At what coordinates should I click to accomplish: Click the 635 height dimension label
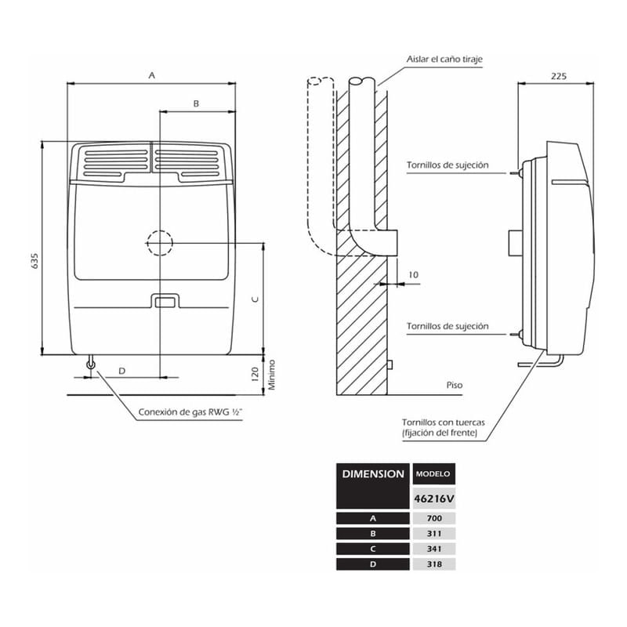coord(34,262)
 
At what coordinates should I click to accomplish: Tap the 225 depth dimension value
coord(558,77)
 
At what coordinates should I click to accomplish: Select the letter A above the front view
coord(152,75)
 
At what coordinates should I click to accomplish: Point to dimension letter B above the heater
coord(196,103)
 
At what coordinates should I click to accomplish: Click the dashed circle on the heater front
coord(159,244)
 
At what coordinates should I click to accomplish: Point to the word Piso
coord(455,386)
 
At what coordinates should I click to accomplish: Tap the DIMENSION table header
coord(373,474)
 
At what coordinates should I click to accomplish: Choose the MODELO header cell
coord(433,475)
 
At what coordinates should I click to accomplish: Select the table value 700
coord(433,518)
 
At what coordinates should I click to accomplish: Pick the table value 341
coord(433,549)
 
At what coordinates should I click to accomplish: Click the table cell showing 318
coord(433,564)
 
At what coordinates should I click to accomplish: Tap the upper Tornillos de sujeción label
coord(448,165)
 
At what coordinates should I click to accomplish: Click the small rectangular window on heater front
coord(164,302)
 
